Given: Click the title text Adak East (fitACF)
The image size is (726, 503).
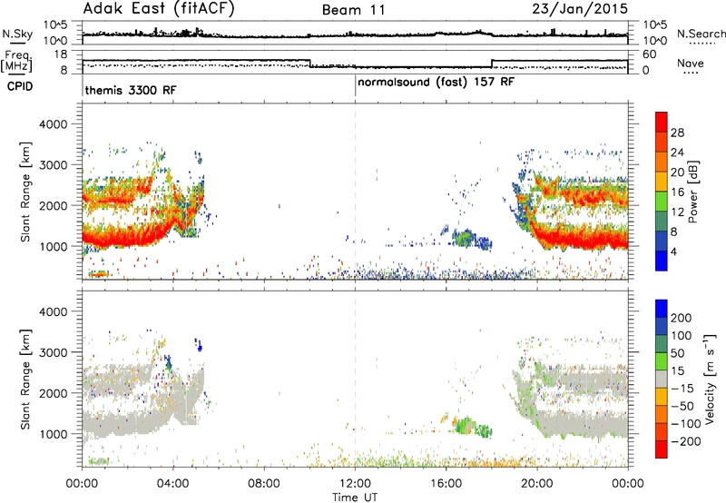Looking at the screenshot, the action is click(159, 8).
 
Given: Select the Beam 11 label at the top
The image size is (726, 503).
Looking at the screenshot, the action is click(354, 10).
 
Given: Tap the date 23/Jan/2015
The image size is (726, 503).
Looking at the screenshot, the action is click(580, 8).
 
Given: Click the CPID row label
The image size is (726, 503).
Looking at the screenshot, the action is click(20, 86).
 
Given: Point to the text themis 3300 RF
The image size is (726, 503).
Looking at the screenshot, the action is click(131, 90).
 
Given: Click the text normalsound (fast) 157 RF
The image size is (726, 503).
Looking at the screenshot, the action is click(436, 82).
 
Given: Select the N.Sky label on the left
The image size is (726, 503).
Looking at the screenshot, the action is click(17, 34).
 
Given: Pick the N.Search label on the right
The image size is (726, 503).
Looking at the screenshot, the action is click(701, 34).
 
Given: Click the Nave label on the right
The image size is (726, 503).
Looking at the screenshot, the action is click(691, 63).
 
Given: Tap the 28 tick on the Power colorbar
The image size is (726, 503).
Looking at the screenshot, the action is click(677, 133).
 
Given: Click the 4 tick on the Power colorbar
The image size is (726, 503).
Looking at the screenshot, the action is click(673, 251).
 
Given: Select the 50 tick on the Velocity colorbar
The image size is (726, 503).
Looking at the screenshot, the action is click(677, 353).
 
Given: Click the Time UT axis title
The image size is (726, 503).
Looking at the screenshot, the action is click(355, 498).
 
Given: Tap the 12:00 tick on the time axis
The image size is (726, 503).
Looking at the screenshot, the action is click(355, 484).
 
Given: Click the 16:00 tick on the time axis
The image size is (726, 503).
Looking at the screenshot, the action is click(446, 484).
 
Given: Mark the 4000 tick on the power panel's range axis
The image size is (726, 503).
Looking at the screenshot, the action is click(53, 124).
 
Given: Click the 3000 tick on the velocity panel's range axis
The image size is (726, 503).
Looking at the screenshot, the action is click(53, 352).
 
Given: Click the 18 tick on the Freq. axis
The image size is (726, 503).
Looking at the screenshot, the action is click(61, 54).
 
